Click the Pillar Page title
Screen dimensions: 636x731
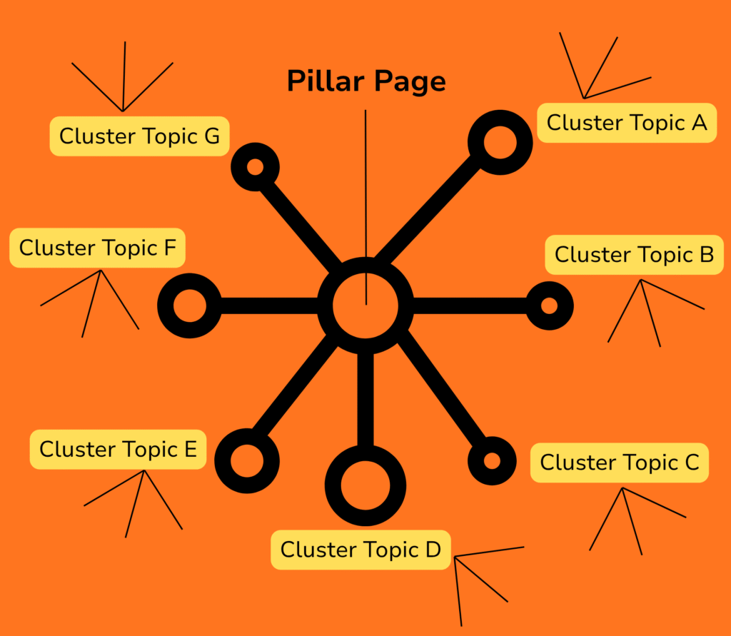point(366,82)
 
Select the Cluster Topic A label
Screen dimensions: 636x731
point(626,123)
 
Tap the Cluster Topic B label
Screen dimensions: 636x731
point(634,255)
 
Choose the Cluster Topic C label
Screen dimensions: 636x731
point(619,463)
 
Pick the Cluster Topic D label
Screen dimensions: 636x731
point(361,550)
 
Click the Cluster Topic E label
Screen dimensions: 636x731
point(118,450)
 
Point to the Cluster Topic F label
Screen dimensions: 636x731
point(97,248)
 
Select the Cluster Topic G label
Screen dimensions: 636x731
point(139,136)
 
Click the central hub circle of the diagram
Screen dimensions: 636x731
point(365,306)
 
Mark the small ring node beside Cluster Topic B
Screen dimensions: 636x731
point(548,306)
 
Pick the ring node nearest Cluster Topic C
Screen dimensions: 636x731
point(492,460)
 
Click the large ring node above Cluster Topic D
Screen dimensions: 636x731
point(365,485)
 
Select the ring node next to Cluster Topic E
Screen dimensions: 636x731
point(246,460)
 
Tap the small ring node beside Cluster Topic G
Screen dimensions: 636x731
point(255,167)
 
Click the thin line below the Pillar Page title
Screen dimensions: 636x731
point(365,186)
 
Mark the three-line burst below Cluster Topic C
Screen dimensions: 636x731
point(628,518)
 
